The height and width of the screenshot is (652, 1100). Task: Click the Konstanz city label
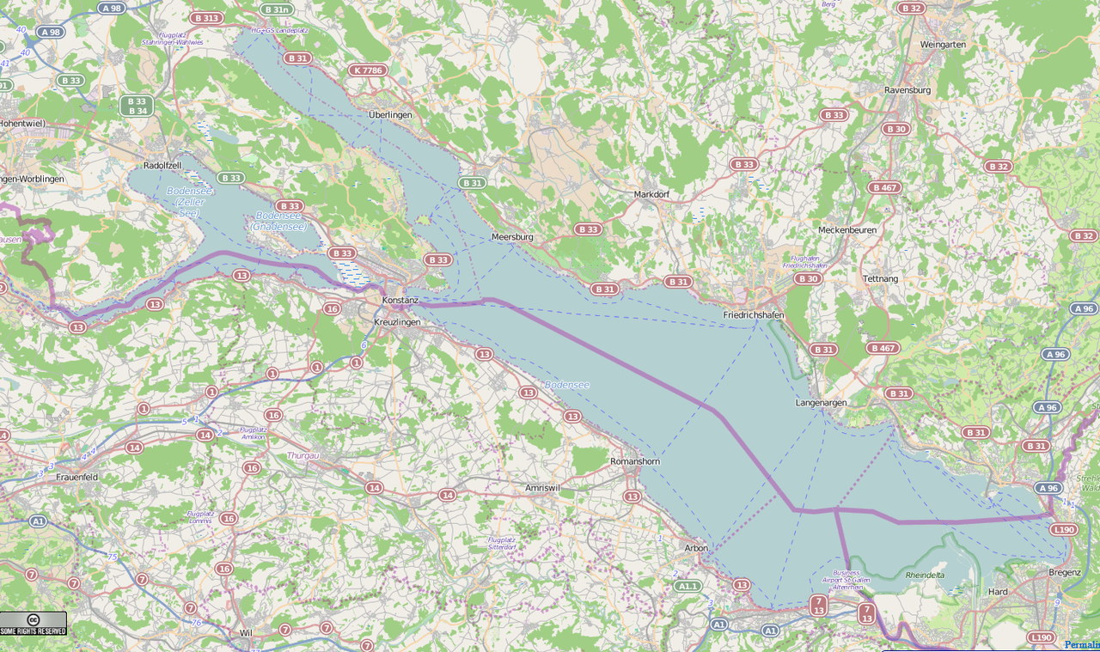click(x=400, y=300)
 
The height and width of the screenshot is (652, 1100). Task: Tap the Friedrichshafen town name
click(x=753, y=315)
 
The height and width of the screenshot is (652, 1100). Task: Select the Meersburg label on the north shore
click(x=512, y=236)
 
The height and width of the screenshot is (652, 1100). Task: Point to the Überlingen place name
click(x=390, y=114)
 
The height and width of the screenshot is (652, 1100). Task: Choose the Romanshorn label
click(x=634, y=461)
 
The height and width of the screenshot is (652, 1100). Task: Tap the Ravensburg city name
click(x=907, y=89)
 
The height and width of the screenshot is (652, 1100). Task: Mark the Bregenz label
click(x=1064, y=572)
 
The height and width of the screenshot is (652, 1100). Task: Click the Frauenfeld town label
click(x=77, y=476)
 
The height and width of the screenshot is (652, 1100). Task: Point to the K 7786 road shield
click(x=368, y=70)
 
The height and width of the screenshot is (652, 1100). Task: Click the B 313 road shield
click(x=206, y=18)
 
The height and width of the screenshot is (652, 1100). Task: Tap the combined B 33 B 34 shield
click(x=137, y=106)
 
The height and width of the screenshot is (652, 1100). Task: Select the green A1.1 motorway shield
click(x=687, y=586)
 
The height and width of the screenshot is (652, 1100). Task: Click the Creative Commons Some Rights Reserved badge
click(x=34, y=624)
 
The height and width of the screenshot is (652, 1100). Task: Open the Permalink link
click(x=1081, y=644)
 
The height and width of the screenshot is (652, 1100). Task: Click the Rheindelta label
click(x=925, y=576)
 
